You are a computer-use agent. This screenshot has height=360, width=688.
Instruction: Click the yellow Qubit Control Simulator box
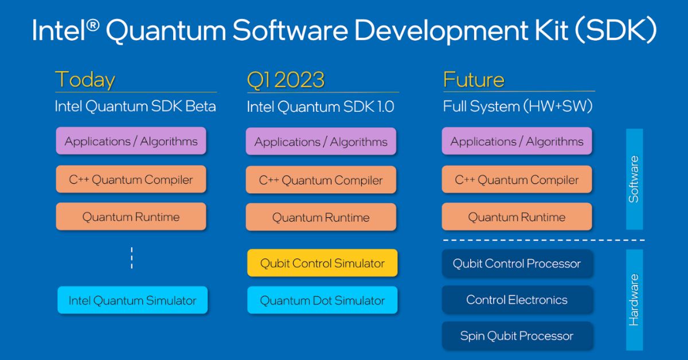point(322,263)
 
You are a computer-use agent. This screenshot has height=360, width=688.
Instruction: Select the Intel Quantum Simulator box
point(132,300)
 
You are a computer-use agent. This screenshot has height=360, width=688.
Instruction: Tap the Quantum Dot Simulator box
point(322,300)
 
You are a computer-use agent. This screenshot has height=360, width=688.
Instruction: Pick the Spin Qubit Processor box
point(517,336)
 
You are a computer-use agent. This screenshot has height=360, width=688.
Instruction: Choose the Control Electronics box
point(517,300)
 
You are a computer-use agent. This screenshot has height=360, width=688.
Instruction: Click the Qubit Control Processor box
point(517,264)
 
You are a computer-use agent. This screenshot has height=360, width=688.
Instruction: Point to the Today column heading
point(85,80)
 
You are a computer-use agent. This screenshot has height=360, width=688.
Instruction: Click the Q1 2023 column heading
point(286,80)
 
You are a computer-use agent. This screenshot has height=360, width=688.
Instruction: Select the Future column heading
point(474,80)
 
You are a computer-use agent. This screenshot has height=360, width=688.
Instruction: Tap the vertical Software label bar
point(634,179)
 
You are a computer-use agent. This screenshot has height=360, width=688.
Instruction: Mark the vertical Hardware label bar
point(634,300)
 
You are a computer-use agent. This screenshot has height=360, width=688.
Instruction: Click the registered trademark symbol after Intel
point(93,25)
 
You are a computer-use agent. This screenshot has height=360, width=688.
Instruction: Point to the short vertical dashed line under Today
point(132,258)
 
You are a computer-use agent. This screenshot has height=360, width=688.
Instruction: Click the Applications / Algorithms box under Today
point(131,140)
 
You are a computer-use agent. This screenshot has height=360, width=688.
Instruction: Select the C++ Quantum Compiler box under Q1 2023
point(321,179)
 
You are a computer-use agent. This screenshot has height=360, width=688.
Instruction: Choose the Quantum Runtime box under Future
point(517,217)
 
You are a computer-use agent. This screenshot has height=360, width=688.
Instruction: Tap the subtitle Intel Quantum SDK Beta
point(135,106)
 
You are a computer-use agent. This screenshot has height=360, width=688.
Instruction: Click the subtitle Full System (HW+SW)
point(518,106)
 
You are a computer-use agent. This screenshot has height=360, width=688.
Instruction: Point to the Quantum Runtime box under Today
point(131,216)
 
